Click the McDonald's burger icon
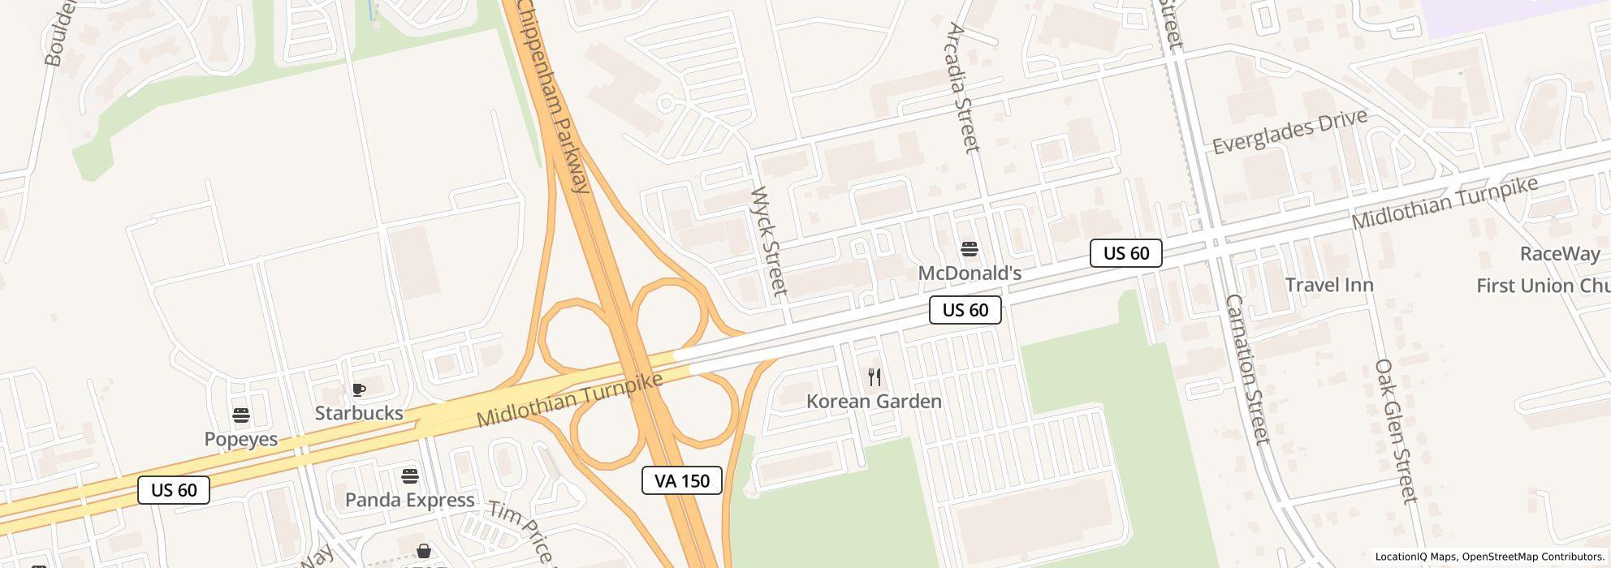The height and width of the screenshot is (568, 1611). [x=969, y=249]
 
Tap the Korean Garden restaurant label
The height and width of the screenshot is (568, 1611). [x=874, y=402]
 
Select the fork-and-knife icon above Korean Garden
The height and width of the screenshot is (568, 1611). [x=875, y=377]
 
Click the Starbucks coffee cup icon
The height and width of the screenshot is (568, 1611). [x=358, y=390]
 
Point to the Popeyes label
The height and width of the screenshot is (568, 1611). [x=241, y=439]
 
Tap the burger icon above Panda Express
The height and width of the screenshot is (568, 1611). [x=410, y=475]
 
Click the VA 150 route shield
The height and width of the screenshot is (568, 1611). [x=682, y=480]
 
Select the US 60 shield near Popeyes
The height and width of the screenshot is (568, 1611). [x=174, y=490]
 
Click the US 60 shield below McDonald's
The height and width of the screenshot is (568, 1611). [x=965, y=310]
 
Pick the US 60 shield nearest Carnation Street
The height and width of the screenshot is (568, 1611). [x=1125, y=253]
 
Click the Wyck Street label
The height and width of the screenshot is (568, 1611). [x=768, y=242]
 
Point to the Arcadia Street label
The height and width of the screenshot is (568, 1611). [x=963, y=88]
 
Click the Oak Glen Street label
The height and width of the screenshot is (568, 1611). [x=1395, y=431]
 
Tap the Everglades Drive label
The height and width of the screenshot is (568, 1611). [x=1289, y=131]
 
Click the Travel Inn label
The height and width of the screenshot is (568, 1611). [x=1329, y=285]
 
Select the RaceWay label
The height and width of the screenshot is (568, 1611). [x=1559, y=254]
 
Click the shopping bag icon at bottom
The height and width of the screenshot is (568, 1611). [x=423, y=552]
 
